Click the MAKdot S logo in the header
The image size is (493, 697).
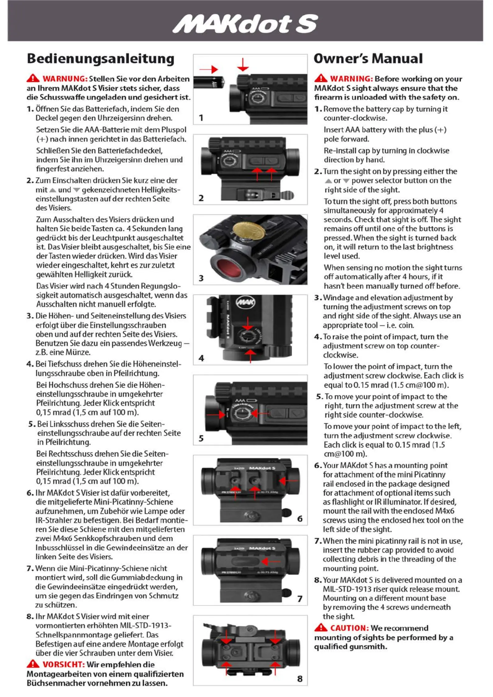245,24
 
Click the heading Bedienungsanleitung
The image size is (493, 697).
101,59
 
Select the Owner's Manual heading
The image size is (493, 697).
368,59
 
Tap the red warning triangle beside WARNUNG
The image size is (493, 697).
33,78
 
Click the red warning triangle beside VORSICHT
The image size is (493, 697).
33,664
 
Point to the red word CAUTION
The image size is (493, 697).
349,628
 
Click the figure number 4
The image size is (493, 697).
201,358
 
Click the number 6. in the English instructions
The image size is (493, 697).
318,465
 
